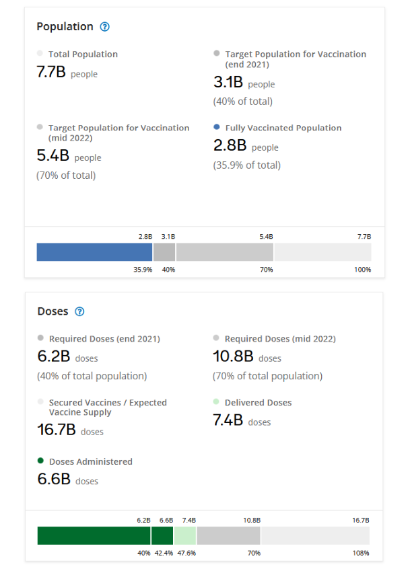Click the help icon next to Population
tap(104, 27)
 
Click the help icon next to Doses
tap(79, 311)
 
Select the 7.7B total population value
tap(51, 72)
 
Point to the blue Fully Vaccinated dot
tap(216, 126)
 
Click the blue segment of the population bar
tap(94, 252)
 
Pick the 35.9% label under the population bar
tap(143, 270)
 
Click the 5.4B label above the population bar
tap(266, 237)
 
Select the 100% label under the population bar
tap(362, 270)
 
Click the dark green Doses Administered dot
tap(41, 461)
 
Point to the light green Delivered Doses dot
tap(216, 401)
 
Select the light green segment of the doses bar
tap(184, 535)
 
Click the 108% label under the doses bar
tap(362, 553)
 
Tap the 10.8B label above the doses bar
tap(252, 521)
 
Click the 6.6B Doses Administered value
tap(53, 479)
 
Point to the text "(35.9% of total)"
tap(247, 165)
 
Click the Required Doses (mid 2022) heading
tap(280, 339)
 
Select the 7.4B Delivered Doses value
tap(228, 420)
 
